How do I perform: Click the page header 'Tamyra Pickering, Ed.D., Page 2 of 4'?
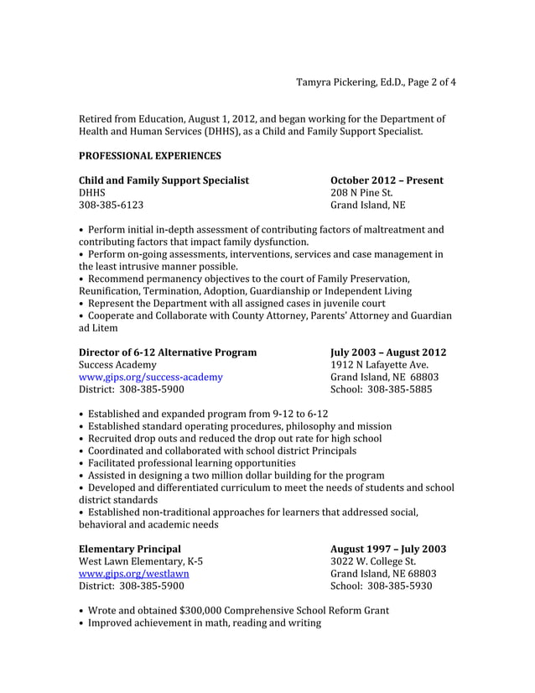(x=377, y=82)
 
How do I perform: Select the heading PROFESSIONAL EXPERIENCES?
(x=150, y=156)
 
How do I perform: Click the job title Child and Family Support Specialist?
(x=164, y=180)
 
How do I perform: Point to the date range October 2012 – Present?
(x=387, y=180)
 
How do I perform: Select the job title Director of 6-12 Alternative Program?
(x=168, y=352)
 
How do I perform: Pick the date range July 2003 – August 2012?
(x=388, y=352)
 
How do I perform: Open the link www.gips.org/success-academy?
(x=151, y=378)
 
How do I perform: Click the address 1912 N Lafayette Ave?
(x=379, y=365)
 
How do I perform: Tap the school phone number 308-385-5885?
(x=398, y=389)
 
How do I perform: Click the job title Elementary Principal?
(x=129, y=550)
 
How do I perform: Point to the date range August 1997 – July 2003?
(x=388, y=550)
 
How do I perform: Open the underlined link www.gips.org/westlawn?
(x=133, y=574)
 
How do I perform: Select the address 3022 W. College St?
(x=373, y=561)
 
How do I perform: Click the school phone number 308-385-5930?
(x=398, y=586)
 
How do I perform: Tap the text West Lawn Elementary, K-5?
(x=141, y=561)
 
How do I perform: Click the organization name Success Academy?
(x=117, y=365)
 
